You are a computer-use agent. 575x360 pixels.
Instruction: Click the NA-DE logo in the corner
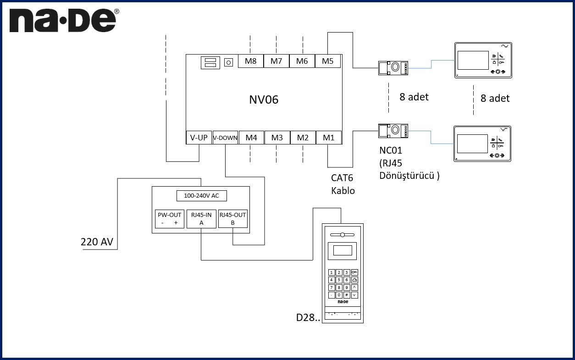pyautogui.click(x=63, y=22)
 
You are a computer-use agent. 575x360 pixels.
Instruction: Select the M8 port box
pyautogui.click(x=250, y=61)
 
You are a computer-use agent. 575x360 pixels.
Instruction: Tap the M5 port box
pyautogui.click(x=328, y=61)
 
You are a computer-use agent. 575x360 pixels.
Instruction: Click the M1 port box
pyautogui.click(x=329, y=137)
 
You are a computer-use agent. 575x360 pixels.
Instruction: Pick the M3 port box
pyautogui.click(x=277, y=137)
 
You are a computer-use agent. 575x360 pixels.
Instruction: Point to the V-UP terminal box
pyautogui.click(x=199, y=137)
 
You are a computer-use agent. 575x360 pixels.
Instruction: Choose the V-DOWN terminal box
pyautogui.click(x=225, y=138)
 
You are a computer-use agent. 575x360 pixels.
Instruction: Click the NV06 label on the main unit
pyautogui.click(x=264, y=100)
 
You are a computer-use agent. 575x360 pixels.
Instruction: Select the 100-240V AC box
pyautogui.click(x=201, y=196)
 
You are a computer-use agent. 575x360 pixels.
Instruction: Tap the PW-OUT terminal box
pyautogui.click(x=169, y=219)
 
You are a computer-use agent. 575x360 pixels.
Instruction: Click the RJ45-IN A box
pyautogui.click(x=201, y=219)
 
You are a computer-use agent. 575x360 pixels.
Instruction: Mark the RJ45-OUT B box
pyautogui.click(x=232, y=219)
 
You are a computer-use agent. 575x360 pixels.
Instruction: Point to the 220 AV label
pyautogui.click(x=97, y=242)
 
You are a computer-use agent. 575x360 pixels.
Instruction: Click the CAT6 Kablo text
pyautogui.click(x=343, y=184)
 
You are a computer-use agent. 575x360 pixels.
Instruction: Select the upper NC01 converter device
pyautogui.click(x=393, y=68)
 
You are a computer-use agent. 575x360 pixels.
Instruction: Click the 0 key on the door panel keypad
pyautogui.click(x=339, y=295)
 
